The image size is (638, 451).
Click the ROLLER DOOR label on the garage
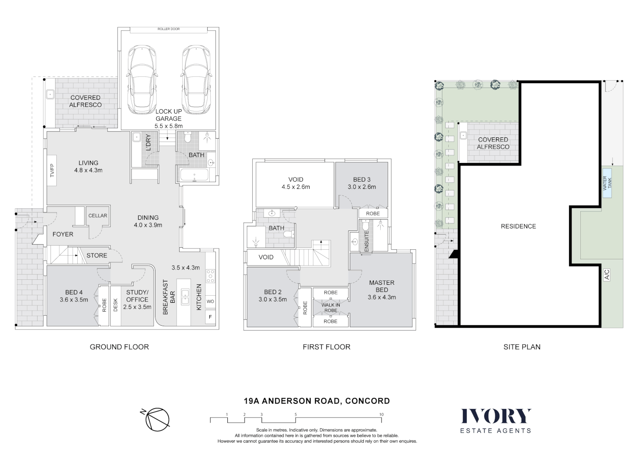pyautogui.click(x=168, y=29)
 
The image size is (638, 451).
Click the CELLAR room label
pyautogui.click(x=98, y=216)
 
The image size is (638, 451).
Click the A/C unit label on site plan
pyautogui.click(x=607, y=274)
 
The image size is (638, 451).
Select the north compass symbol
pyautogui.click(x=156, y=418)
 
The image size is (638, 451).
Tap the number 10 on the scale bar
pyautogui.click(x=381, y=415)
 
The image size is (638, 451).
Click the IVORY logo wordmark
pyautogui.click(x=496, y=416)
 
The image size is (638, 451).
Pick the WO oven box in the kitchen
pyautogui.click(x=210, y=302)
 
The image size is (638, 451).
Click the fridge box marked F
pyautogui.click(x=210, y=317)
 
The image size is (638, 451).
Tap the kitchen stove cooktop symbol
pyautogui.click(x=210, y=276)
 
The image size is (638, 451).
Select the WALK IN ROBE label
pyautogui.click(x=330, y=308)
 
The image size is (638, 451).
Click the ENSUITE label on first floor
pyautogui.click(x=366, y=241)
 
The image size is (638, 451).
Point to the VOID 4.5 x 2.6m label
pyautogui.click(x=295, y=183)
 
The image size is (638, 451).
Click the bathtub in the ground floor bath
pyautogui.click(x=196, y=175)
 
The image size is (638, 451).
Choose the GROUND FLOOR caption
pyautogui.click(x=119, y=347)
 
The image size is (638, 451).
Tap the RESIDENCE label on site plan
pyautogui.click(x=518, y=226)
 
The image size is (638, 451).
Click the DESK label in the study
pyautogui.click(x=116, y=305)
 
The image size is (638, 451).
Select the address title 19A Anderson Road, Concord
pyautogui.click(x=317, y=401)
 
